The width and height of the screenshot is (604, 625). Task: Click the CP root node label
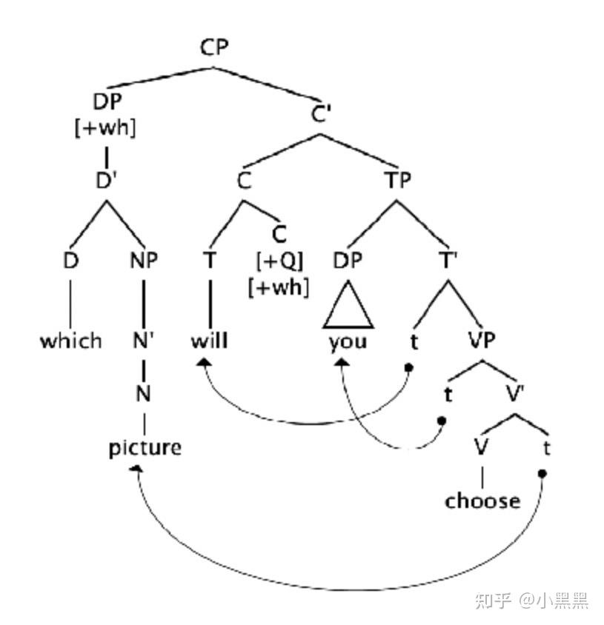[214, 48]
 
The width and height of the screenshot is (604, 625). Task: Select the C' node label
[320, 115]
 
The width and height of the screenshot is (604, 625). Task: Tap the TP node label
[397, 179]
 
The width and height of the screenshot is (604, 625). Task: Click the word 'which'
[70, 341]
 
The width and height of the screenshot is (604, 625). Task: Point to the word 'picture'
[145, 448]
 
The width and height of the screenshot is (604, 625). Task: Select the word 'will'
[209, 341]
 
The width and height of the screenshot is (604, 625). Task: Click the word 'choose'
[482, 501]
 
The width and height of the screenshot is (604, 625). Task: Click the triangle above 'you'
[348, 307]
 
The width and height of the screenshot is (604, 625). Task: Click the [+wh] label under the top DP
[106, 127]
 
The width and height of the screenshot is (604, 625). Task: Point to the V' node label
[517, 394]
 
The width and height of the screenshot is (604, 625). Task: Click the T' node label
[447, 261]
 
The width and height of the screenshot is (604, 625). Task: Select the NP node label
[144, 261]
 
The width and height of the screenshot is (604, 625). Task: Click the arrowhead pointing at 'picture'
[136, 468]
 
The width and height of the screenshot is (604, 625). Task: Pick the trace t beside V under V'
[546, 448]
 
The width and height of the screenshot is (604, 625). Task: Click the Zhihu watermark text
[531, 599]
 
